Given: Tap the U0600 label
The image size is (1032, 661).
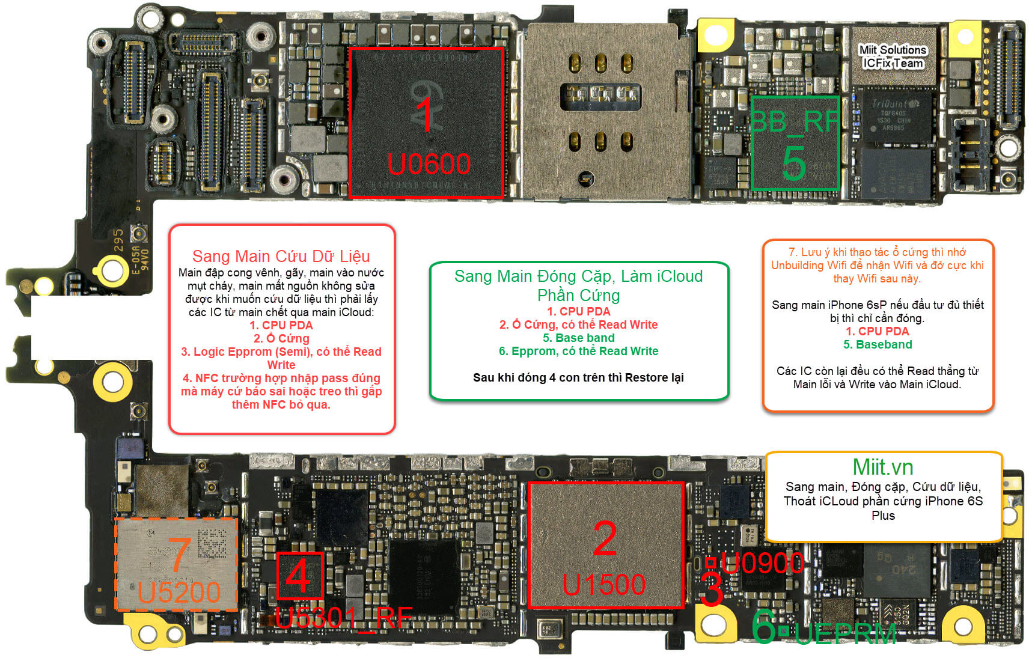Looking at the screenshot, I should point(429,164).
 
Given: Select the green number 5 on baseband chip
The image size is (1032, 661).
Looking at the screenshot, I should point(793,163).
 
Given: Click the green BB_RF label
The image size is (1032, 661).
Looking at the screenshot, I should point(795,122).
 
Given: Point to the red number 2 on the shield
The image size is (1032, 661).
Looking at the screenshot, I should point(605,539).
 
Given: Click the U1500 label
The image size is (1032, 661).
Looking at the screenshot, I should point(604,584).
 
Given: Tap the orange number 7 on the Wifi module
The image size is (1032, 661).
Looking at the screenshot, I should point(179,554).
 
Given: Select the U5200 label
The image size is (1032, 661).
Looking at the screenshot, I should point(179,592).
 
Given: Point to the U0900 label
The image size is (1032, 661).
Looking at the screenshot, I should point(762,563).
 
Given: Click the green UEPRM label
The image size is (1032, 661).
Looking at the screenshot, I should point(845,633).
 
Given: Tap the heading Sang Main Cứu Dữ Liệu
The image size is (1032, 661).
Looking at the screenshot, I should point(281,256).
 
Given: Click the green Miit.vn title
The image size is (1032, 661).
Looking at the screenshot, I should point(882,467).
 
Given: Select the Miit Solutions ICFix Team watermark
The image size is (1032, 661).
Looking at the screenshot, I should point(893,56).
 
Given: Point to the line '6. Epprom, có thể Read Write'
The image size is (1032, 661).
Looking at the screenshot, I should point(578,351).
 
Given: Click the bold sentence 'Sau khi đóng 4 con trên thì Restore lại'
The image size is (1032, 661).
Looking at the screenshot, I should point(578,377).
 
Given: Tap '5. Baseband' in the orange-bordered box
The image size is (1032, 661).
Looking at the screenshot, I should point(877,344).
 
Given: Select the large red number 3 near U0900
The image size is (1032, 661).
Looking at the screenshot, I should point(712,589).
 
